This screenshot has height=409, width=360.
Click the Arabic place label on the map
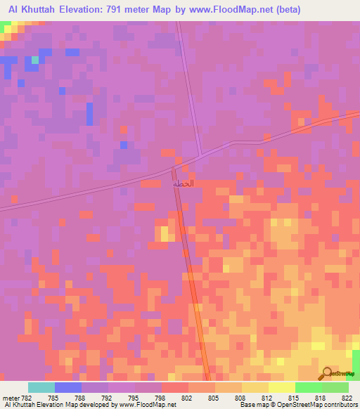pos(184,183)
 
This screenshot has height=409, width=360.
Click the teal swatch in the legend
pos(41,387)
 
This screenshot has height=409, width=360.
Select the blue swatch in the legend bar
pos(68,387)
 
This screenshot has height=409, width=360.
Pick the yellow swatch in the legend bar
pos(281,387)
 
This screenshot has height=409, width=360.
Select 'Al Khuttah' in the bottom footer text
pos(20,405)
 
